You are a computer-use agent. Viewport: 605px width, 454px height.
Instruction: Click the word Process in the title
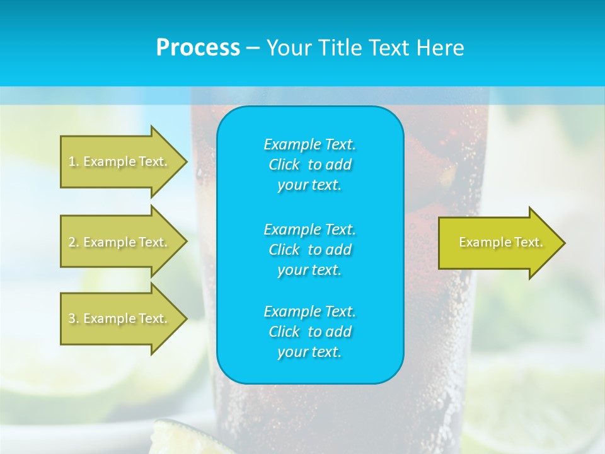pyautogui.click(x=198, y=48)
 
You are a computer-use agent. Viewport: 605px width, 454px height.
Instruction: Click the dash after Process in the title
pyautogui.click(x=253, y=49)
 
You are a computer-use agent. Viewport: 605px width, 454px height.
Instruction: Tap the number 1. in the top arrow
pyautogui.click(x=74, y=161)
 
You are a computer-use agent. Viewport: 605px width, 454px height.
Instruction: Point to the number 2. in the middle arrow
pyautogui.click(x=74, y=242)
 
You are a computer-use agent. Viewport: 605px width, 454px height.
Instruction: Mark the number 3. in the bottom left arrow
pyautogui.click(x=74, y=318)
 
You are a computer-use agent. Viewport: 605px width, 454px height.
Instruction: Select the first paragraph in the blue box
pyautogui.click(x=309, y=165)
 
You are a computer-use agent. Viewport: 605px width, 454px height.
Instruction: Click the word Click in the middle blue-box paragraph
pyautogui.click(x=284, y=250)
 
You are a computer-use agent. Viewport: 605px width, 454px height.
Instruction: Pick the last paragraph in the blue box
pyautogui.click(x=309, y=332)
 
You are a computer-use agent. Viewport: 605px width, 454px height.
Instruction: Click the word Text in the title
pyautogui.click(x=390, y=48)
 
